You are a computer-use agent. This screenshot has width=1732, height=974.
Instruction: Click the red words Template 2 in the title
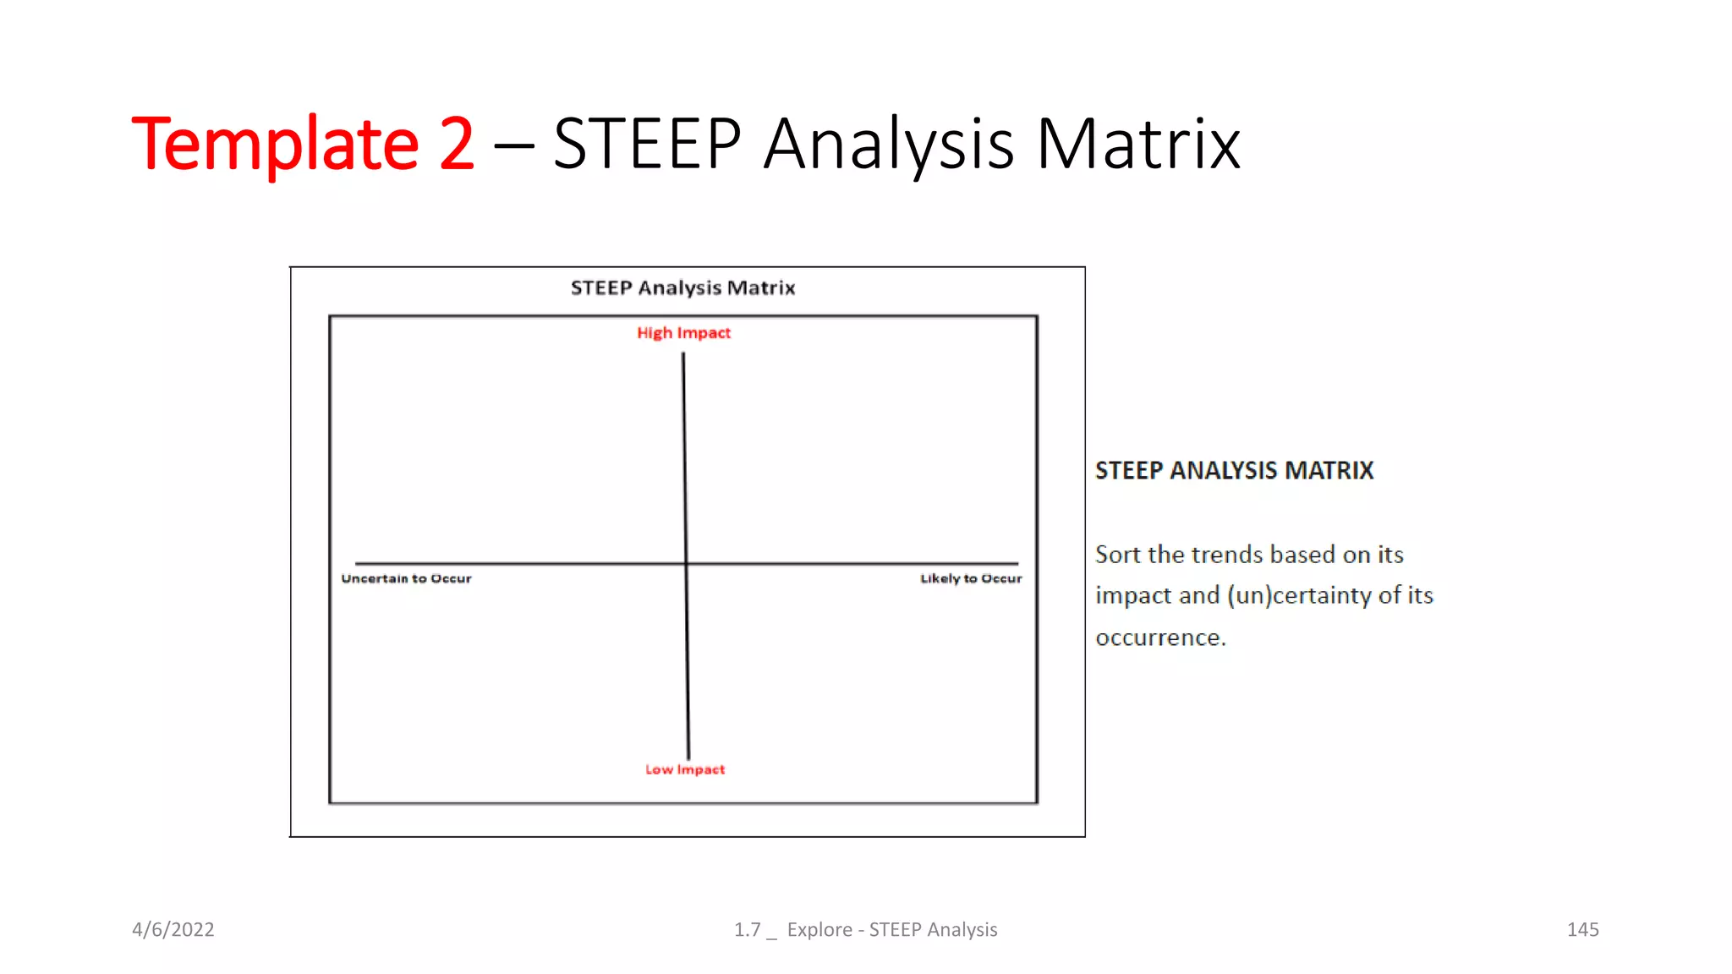click(x=303, y=144)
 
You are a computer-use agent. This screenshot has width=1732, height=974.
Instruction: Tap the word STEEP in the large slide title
click(x=647, y=144)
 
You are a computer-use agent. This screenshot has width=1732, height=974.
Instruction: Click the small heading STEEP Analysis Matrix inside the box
click(x=682, y=288)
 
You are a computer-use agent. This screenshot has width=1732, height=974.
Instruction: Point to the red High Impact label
click(x=683, y=333)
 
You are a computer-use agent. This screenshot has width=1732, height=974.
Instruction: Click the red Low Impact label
click(x=685, y=769)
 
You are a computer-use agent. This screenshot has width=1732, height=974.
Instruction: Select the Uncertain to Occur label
click(x=406, y=578)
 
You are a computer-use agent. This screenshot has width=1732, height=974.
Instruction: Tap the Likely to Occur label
click(x=971, y=578)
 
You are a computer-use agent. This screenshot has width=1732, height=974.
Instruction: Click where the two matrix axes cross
click(x=686, y=563)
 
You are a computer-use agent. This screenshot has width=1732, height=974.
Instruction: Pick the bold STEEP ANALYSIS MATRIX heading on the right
click(x=1234, y=470)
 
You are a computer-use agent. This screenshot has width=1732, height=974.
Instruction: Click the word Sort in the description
click(x=1118, y=555)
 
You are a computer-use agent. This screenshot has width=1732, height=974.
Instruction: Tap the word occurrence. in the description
click(x=1160, y=637)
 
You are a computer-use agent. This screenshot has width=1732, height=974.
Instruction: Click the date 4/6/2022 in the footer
click(x=173, y=929)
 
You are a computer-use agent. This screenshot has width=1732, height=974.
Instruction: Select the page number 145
click(x=1582, y=929)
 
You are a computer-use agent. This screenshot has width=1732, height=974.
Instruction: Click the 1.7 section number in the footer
click(x=748, y=929)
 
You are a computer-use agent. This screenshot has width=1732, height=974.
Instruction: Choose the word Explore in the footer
click(x=819, y=929)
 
